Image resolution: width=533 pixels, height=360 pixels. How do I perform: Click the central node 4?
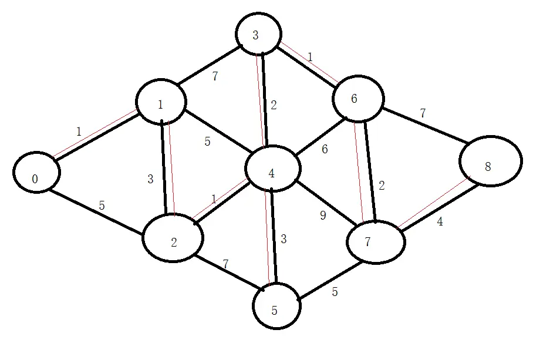point(272,170)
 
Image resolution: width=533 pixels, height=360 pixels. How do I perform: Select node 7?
point(376,241)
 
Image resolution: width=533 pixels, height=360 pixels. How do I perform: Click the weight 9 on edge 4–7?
point(322,216)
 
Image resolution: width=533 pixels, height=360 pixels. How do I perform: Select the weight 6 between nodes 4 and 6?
point(325,149)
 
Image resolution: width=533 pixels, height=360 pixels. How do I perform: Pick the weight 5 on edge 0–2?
point(102,206)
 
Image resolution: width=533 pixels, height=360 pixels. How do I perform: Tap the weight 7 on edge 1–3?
point(215,76)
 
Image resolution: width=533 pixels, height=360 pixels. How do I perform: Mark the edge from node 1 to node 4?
point(217,129)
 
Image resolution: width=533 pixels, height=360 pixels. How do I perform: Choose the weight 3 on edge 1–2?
point(150,180)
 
